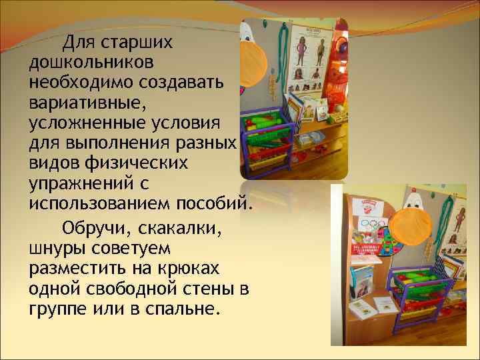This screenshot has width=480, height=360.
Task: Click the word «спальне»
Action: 183,310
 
